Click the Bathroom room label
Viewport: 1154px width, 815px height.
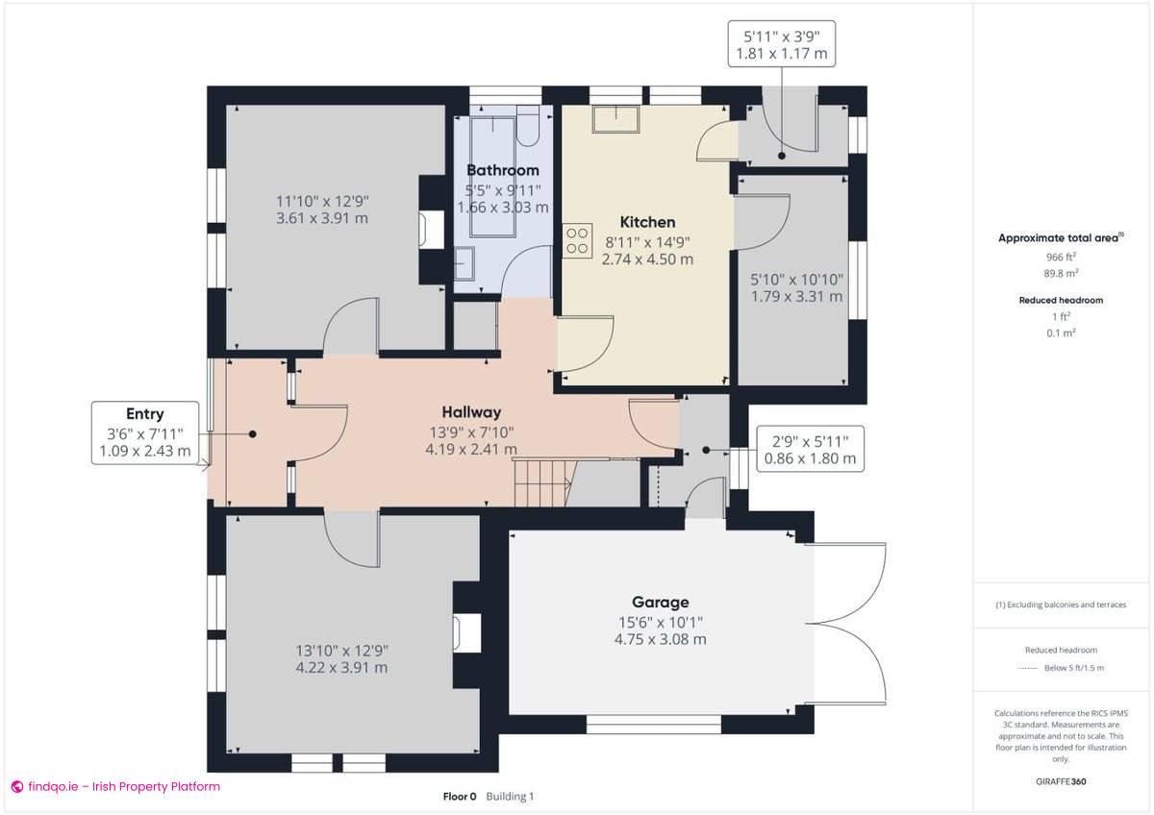(502, 170)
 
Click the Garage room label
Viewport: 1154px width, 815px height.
(660, 603)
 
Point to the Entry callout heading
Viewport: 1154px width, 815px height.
(144, 414)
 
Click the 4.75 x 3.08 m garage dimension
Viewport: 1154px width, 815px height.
(660, 639)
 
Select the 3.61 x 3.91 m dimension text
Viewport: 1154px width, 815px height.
(322, 218)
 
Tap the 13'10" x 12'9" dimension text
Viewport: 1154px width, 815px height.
(341, 650)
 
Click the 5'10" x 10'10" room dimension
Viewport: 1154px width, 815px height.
(797, 280)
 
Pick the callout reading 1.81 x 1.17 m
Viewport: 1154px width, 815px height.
(781, 54)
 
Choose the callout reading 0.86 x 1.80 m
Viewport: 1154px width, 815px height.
(810, 458)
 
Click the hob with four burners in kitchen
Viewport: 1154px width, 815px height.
(577, 240)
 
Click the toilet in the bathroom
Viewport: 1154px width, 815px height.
(528, 125)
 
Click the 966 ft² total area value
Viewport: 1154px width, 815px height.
(1061, 258)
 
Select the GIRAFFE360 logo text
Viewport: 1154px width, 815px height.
(1061, 781)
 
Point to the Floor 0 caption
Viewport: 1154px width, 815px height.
(459, 796)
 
